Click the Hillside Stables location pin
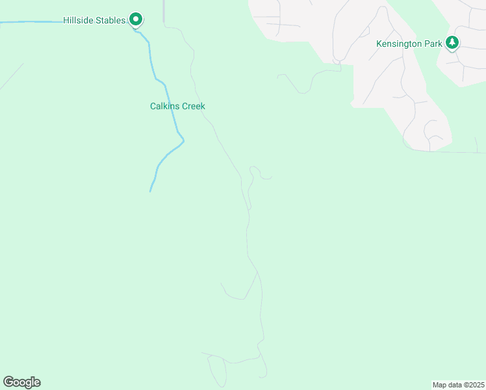(x=135, y=19)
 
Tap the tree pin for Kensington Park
(x=452, y=43)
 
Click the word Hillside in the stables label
(x=79, y=21)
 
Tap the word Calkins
(x=164, y=106)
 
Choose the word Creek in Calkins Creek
(x=193, y=106)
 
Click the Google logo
(x=21, y=382)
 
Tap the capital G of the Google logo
(x=8, y=382)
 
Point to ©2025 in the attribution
(x=474, y=385)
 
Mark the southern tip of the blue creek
(x=151, y=191)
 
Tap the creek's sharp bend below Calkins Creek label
(x=183, y=140)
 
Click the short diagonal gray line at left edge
(x=12, y=76)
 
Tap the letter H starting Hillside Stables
(x=66, y=21)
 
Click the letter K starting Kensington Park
(x=379, y=44)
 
